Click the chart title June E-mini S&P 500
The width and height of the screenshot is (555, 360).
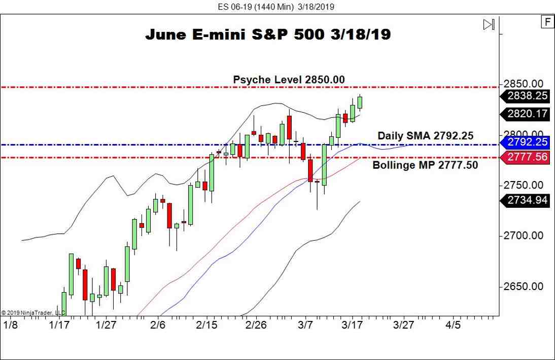[268, 35]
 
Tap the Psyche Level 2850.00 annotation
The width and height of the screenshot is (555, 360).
[289, 80]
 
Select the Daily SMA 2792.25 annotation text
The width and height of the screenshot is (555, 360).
[425, 136]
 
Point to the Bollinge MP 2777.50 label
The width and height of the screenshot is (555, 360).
[425, 165]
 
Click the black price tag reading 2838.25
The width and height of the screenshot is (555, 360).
[527, 96]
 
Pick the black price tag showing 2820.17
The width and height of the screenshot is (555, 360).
[527, 114]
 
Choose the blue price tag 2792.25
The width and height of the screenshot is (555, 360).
[527, 142]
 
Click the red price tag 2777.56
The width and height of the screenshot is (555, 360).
[527, 157]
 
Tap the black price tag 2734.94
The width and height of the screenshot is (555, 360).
[527, 200]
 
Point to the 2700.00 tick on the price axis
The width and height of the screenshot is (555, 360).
[524, 236]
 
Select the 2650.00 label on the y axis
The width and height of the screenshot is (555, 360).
[524, 286]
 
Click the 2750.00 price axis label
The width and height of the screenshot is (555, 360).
[524, 185]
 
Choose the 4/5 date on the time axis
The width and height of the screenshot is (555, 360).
[453, 325]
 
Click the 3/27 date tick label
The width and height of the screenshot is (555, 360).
[404, 325]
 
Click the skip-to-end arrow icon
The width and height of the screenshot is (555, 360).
[489, 24]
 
